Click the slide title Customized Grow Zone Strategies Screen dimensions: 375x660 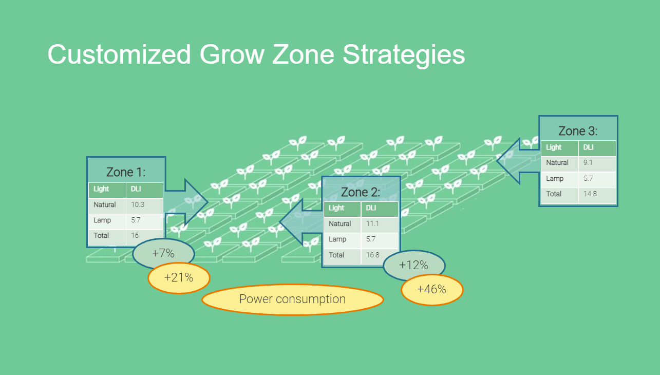(x=256, y=54)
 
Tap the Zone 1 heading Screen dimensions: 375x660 (x=126, y=172)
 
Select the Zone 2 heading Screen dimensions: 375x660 (x=361, y=192)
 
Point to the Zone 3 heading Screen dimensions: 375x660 (x=578, y=131)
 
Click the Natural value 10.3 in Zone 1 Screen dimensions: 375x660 (x=138, y=204)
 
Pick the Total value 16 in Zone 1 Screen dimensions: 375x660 (x=135, y=235)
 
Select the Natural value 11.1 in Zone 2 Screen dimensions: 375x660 (x=372, y=223)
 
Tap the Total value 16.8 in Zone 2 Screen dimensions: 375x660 (x=373, y=255)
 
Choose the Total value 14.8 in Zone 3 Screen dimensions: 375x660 (x=590, y=194)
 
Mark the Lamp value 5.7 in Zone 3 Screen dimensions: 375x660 (x=589, y=178)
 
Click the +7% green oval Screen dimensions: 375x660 (x=163, y=253)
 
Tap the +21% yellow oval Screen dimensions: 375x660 (x=179, y=278)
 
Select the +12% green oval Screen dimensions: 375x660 (x=413, y=265)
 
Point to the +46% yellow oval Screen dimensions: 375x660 (x=431, y=290)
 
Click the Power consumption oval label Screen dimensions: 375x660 (x=292, y=299)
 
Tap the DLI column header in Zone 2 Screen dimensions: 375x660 (x=371, y=208)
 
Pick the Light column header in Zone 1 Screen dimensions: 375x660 (x=101, y=189)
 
